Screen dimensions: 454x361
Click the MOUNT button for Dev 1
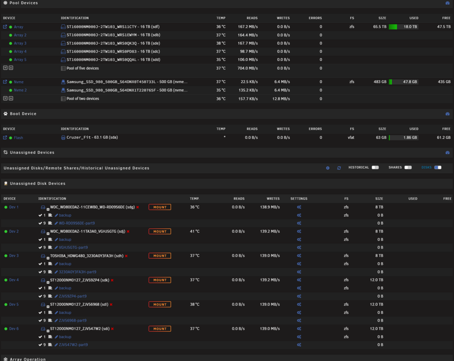[x=159, y=207]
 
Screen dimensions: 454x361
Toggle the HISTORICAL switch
[x=375, y=167]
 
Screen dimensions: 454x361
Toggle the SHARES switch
[x=408, y=167]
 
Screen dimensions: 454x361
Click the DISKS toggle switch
[x=438, y=167]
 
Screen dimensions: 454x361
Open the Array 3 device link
[x=20, y=44]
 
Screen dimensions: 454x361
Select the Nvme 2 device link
[x=20, y=90]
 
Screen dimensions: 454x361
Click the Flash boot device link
[x=18, y=138]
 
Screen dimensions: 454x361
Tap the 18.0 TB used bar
[x=403, y=27]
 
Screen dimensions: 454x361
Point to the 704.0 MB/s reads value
[x=247, y=68]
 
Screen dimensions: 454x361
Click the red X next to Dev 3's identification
[x=126, y=256]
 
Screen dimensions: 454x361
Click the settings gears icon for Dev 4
[x=299, y=280]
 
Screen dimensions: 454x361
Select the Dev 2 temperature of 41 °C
[x=195, y=231]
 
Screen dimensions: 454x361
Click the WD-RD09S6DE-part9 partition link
[x=77, y=223]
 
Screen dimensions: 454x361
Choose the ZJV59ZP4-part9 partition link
[x=73, y=296]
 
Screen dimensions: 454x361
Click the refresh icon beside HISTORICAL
[x=339, y=168]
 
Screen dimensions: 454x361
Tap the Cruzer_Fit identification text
[x=92, y=137]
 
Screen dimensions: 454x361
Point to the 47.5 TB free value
[x=444, y=27]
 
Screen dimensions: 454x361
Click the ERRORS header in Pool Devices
[x=315, y=18]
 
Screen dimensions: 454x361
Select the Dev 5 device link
[x=14, y=304]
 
